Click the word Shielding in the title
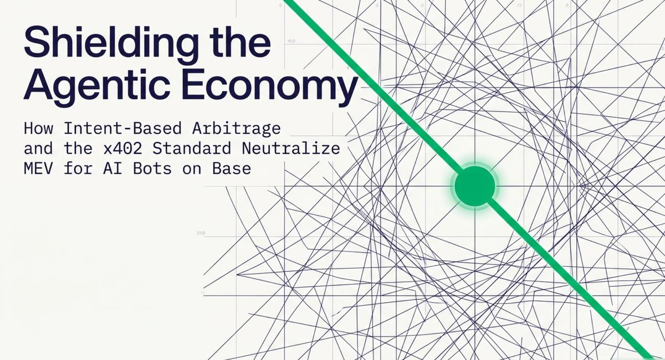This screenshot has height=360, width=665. tap(111, 44)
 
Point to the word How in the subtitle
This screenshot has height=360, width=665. tap(39, 128)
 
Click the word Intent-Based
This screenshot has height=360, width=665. tap(122, 128)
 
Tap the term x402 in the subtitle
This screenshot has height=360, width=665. tap(123, 148)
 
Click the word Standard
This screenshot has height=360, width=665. tap(192, 148)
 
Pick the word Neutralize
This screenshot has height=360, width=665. tap(291, 148)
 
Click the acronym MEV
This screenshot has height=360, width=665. tap(38, 168)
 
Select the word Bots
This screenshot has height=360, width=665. tap(152, 168)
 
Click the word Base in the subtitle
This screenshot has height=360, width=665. tap(232, 168)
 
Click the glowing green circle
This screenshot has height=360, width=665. tap(475, 186)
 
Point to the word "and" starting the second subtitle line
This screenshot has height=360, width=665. tap(38, 148)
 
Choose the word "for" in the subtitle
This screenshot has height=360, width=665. tap(78, 168)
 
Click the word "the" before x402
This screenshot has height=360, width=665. tap(78, 148)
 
